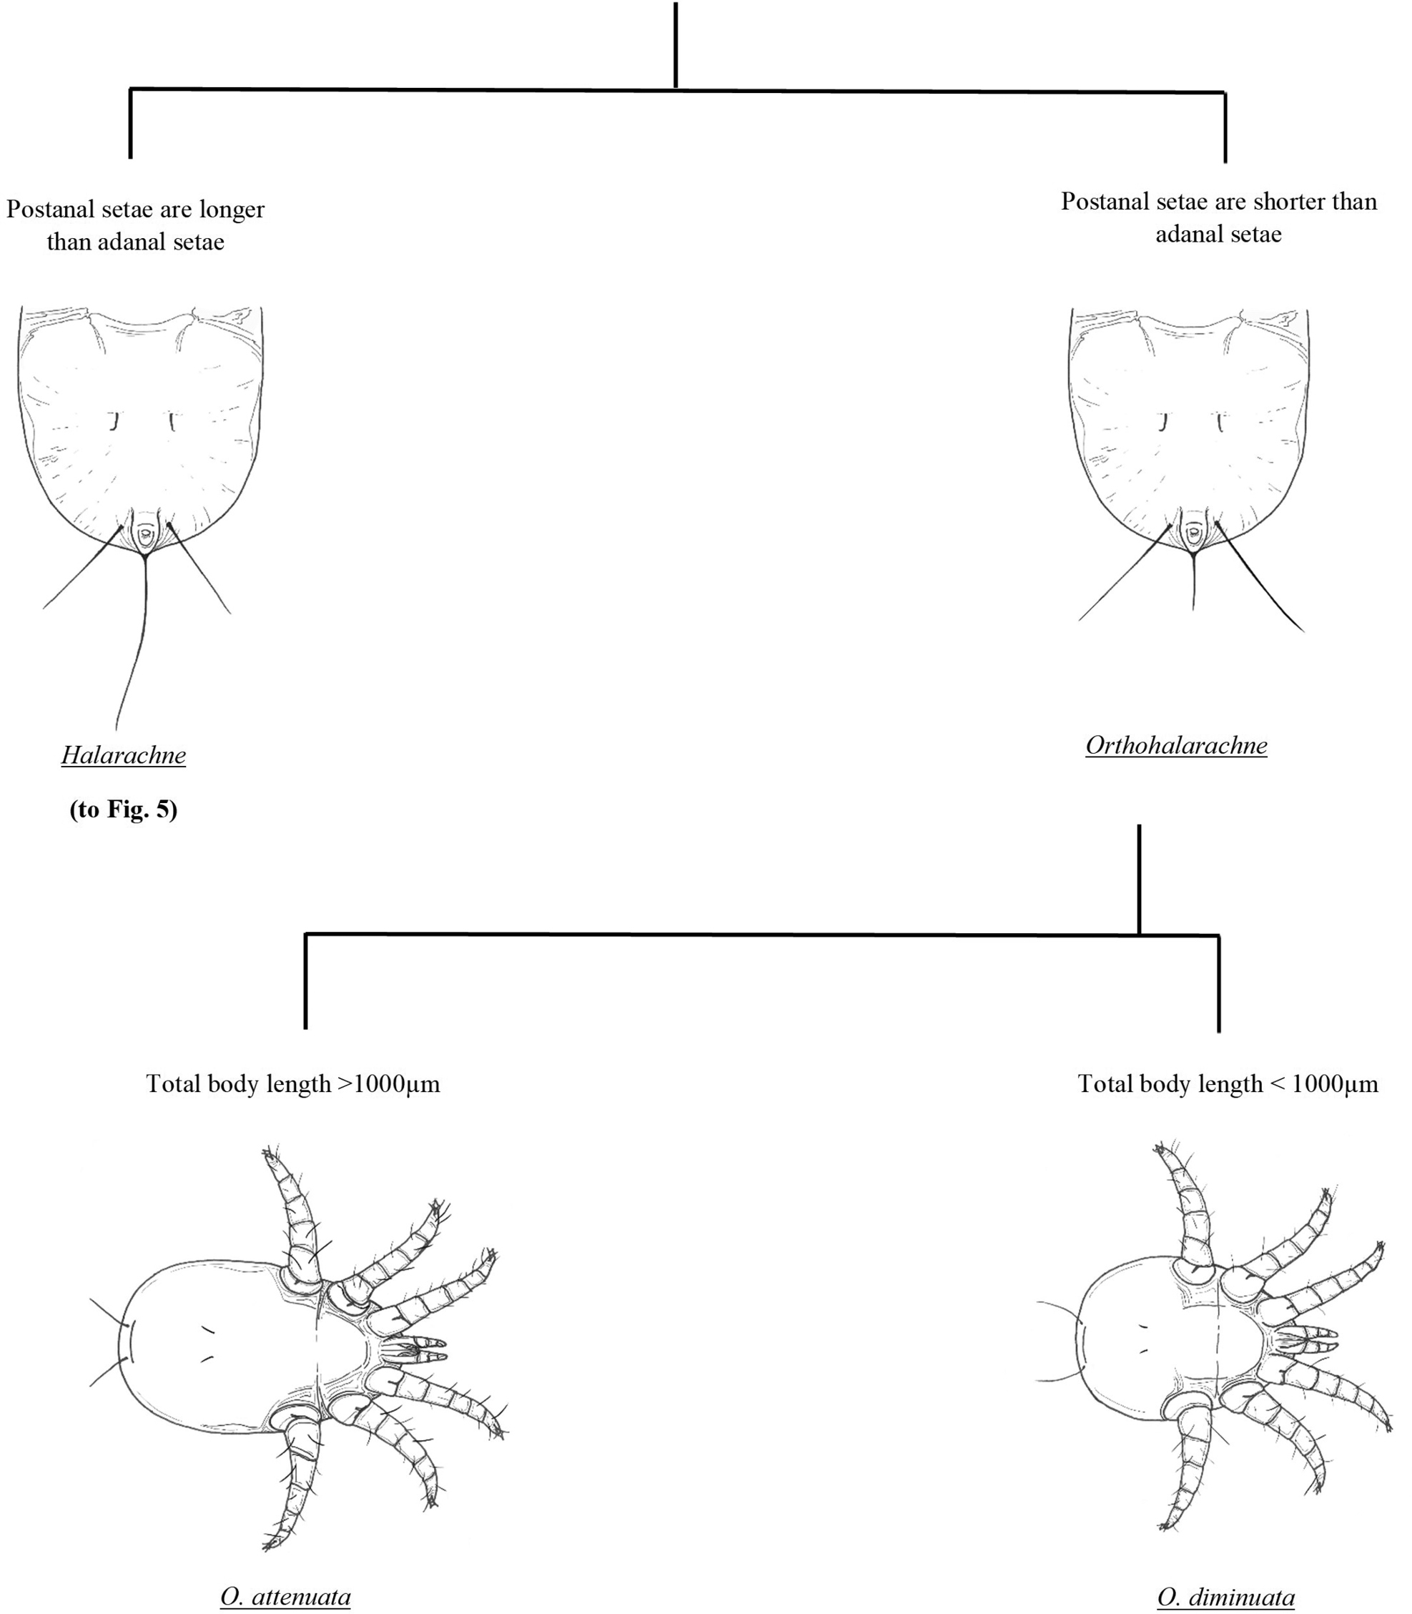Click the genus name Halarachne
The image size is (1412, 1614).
(x=124, y=755)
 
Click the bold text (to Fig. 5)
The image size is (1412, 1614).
(x=124, y=810)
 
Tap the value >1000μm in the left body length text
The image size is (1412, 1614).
(x=388, y=1083)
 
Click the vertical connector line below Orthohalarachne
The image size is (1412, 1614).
(x=1140, y=880)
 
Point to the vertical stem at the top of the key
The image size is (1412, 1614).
(x=676, y=44)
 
